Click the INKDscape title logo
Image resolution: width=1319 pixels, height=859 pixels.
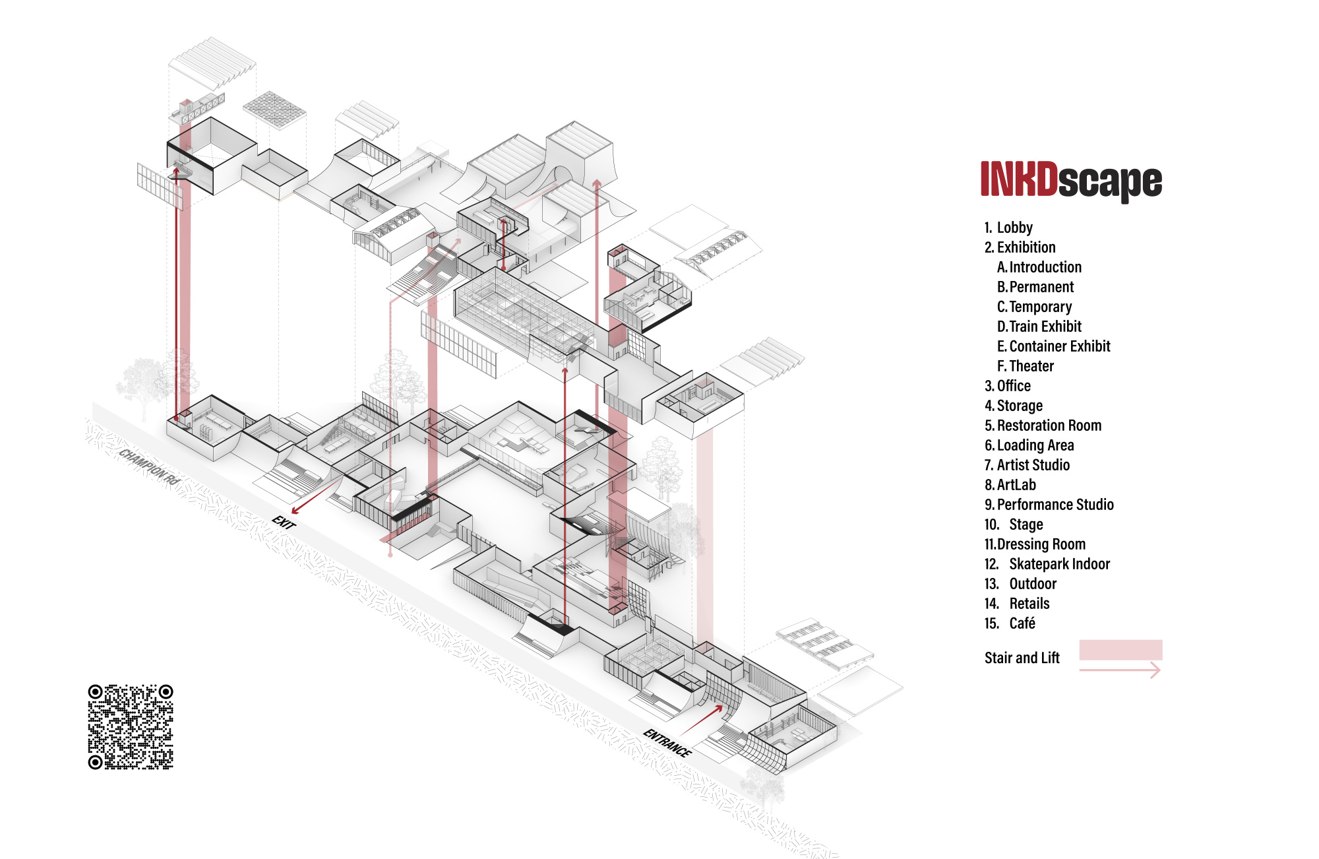[x=1071, y=180]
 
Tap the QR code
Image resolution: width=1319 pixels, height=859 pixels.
[x=131, y=726]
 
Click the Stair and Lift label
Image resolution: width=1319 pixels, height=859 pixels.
[x=1022, y=658]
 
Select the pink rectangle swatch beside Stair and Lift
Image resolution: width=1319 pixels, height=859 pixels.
[x=1120, y=650]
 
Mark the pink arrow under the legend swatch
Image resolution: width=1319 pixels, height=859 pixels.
[x=1120, y=670]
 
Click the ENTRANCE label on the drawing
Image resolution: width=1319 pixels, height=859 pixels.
[x=667, y=743]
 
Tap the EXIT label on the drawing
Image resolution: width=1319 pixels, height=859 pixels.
[x=284, y=522]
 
